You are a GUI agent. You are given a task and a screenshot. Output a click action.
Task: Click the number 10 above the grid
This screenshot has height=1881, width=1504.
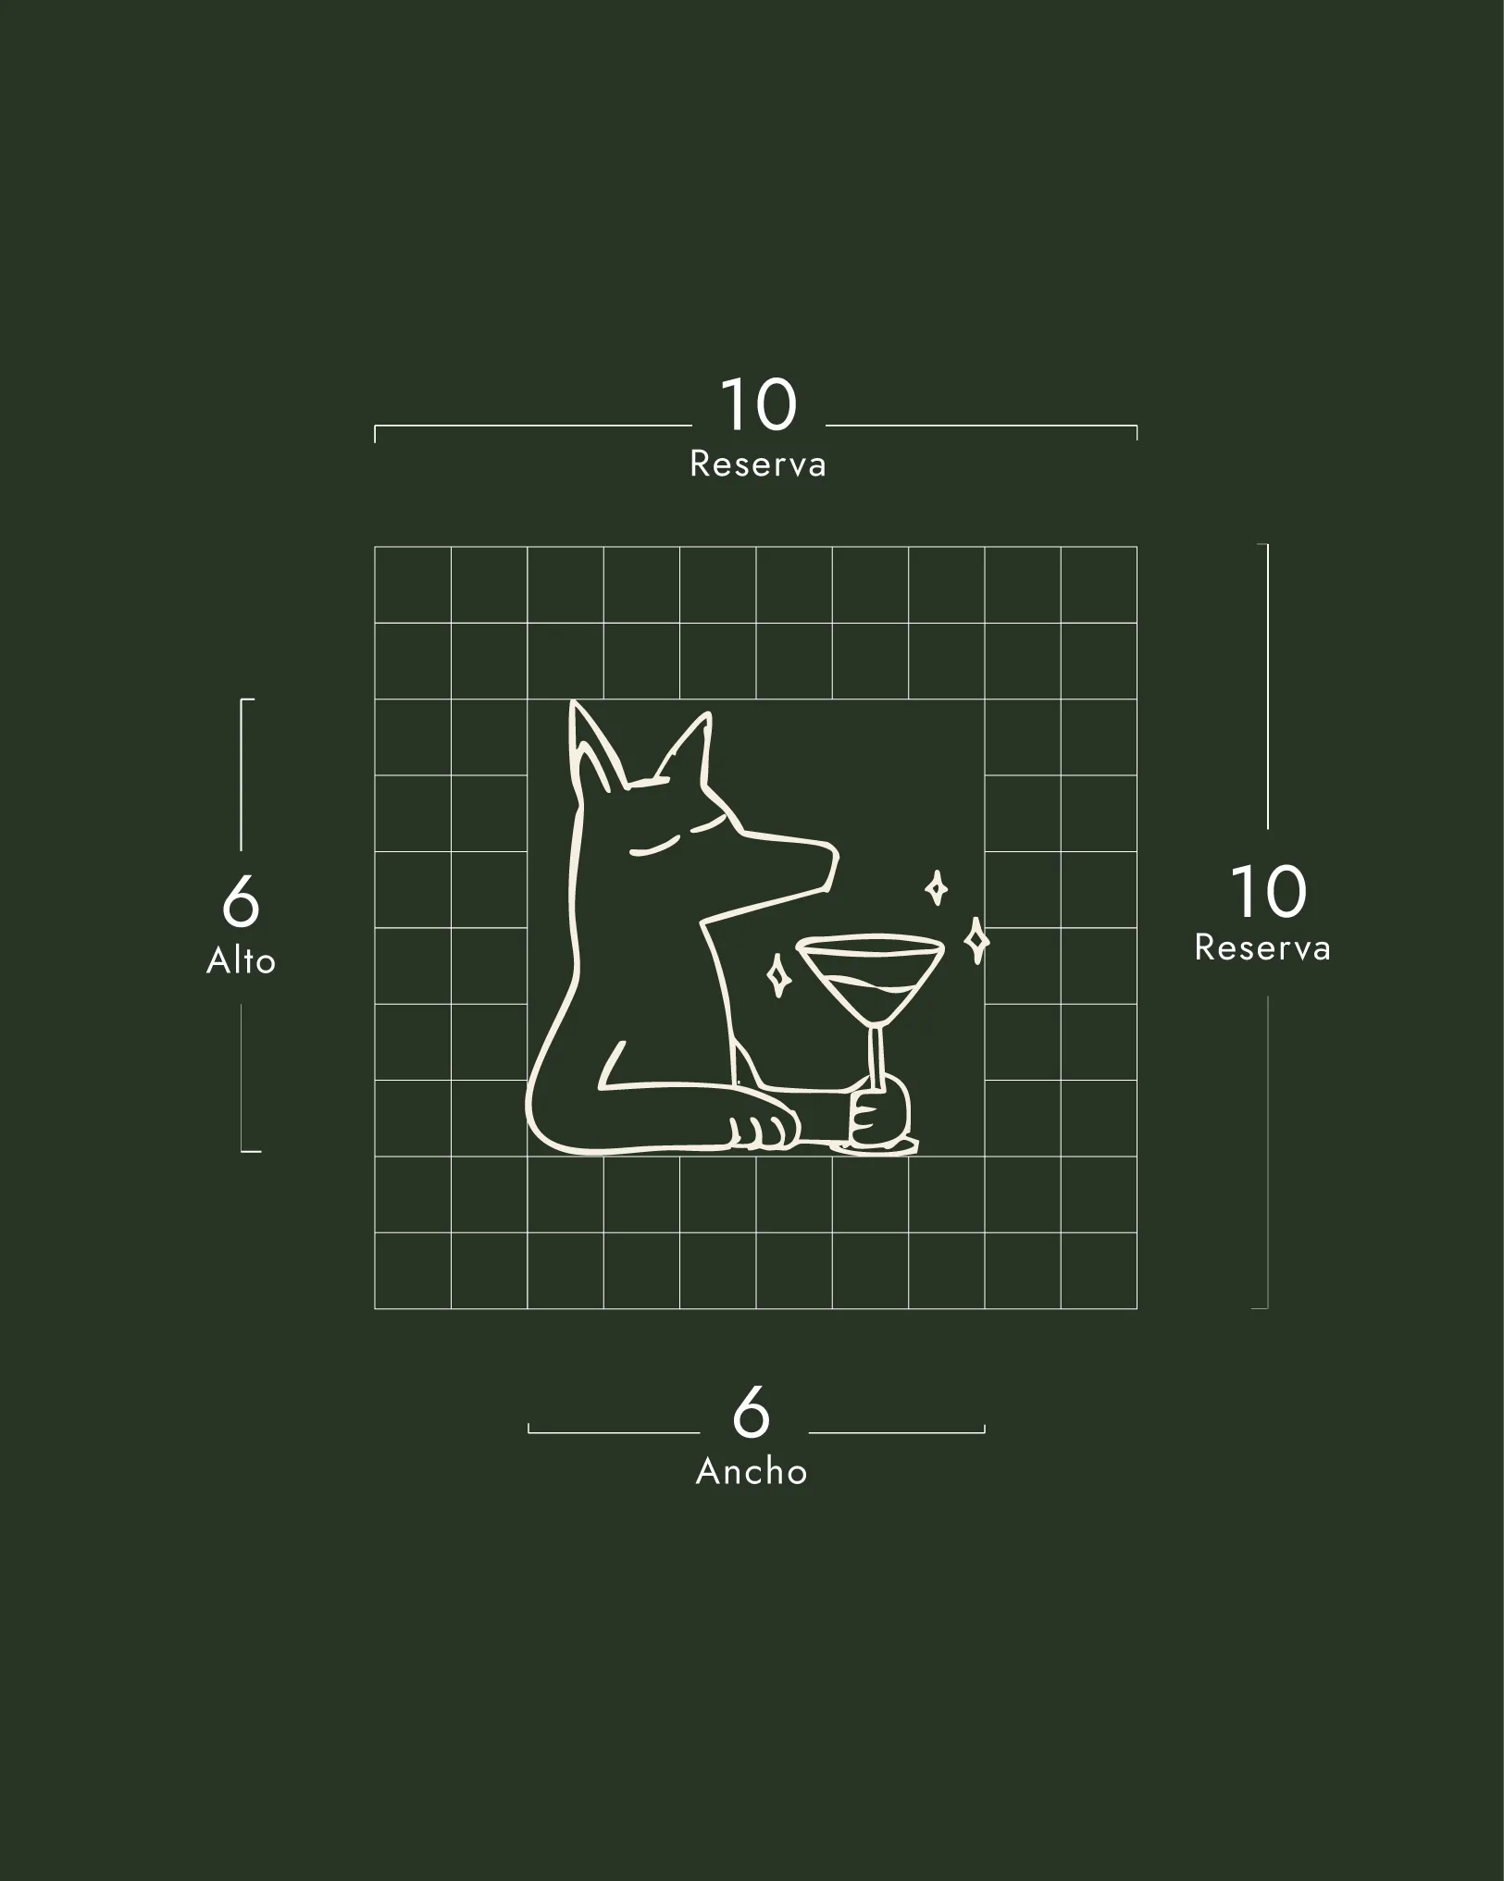tap(758, 404)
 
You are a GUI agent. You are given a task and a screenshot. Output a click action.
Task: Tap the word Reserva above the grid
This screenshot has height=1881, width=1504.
tap(758, 464)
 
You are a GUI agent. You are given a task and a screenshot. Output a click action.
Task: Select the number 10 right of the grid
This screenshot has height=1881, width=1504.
tap(1269, 892)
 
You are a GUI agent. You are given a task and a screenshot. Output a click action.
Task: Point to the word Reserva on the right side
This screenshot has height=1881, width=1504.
tap(1262, 947)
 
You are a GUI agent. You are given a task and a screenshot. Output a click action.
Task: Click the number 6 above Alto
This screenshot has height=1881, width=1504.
tap(241, 901)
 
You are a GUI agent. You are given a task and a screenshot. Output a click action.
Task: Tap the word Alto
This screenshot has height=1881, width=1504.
tap(241, 961)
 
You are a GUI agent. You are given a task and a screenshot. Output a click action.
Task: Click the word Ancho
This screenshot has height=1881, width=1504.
tap(752, 1471)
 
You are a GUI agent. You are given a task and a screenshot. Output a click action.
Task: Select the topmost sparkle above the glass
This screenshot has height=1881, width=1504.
tap(937, 888)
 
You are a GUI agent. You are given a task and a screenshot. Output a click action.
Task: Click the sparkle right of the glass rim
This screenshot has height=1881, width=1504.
tap(976, 941)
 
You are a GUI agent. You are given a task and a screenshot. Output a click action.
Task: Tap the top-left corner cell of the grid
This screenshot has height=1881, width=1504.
tap(413, 585)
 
